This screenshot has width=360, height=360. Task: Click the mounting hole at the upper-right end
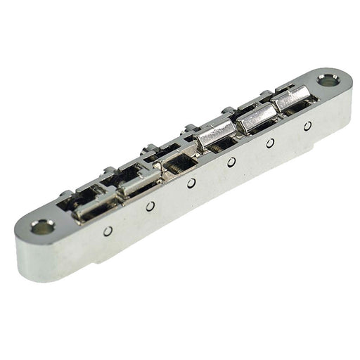[x=327, y=81]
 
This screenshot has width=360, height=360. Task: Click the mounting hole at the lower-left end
[x=42, y=226]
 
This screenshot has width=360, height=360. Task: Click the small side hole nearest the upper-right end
[x=307, y=126]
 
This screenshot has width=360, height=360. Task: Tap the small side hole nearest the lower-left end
[x=108, y=231]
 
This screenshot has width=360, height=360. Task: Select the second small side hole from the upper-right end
[x=271, y=143]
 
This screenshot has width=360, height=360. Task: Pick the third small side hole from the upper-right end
[x=231, y=162]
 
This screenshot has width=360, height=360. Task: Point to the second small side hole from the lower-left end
[x=150, y=206]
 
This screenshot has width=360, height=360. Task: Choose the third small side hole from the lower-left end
[x=191, y=184]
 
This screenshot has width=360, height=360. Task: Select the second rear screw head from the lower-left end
[x=107, y=170]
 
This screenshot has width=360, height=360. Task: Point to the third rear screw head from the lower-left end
[x=149, y=148]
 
